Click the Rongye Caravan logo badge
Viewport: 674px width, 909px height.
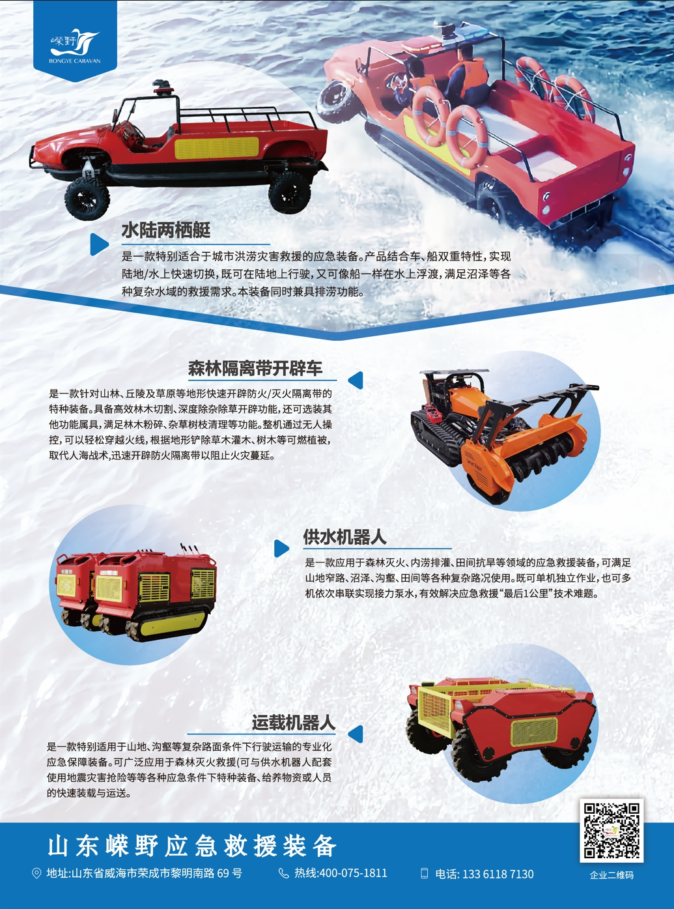[x=75, y=40]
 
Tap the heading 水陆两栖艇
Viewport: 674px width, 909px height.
[x=166, y=231]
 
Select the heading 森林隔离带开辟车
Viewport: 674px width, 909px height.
[x=255, y=368]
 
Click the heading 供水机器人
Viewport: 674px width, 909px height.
[x=344, y=537]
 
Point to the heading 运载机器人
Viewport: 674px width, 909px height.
[x=293, y=723]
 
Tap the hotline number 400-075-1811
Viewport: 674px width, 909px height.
[x=353, y=873]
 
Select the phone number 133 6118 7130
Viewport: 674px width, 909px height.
[x=498, y=874]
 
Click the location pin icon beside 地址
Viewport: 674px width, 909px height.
[x=36, y=873]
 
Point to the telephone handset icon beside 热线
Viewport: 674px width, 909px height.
[x=283, y=873]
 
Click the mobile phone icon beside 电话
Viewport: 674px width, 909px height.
[x=425, y=873]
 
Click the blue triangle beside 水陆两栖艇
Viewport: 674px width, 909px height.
[x=98, y=244]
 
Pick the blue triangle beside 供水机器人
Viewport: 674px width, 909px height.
[x=281, y=549]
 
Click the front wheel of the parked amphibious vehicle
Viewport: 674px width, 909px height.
[x=87, y=198]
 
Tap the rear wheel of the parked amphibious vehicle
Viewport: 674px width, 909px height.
[x=289, y=193]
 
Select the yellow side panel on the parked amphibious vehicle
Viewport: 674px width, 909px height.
[x=217, y=148]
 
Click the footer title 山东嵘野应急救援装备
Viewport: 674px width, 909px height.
[x=191, y=846]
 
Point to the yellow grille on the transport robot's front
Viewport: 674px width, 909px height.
[x=534, y=732]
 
